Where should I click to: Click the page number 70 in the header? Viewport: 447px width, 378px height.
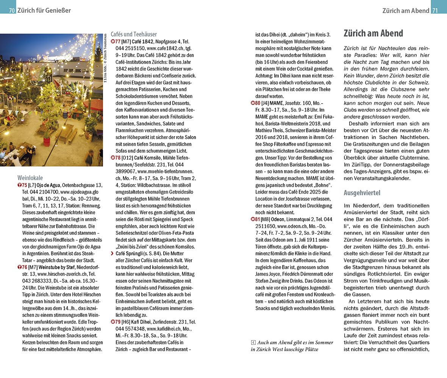pyautogui.click(x=12, y=11)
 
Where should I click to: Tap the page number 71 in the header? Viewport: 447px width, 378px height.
pyautogui.click(x=435, y=11)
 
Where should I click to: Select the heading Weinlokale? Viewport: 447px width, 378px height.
pyautogui.click(x=30, y=178)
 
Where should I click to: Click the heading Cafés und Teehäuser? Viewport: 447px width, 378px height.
pyautogui.click(x=134, y=34)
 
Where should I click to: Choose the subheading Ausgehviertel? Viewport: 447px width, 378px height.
pyautogui.click(x=362, y=193)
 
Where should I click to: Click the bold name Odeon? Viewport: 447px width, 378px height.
pyautogui.click(x=277, y=219)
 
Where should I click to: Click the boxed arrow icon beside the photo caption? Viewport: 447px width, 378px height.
pyautogui.click(x=253, y=342)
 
